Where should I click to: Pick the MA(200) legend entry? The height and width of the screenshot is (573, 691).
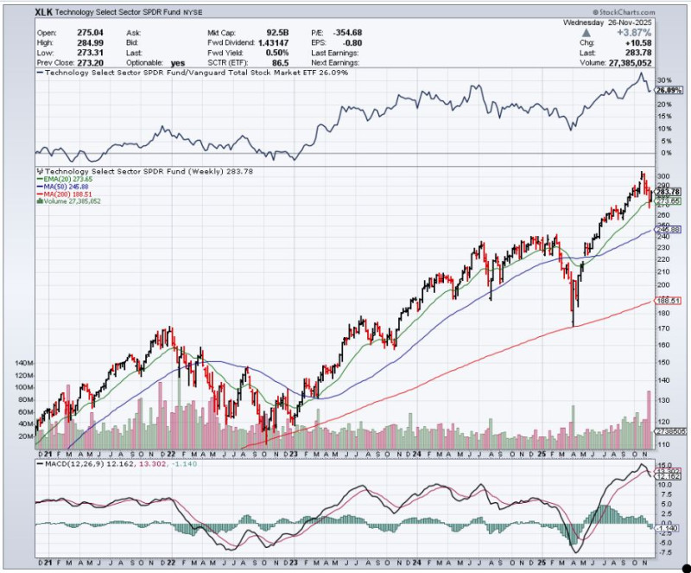pyautogui.click(x=68, y=194)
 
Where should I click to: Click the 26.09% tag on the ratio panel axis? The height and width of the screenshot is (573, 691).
pyautogui.click(x=669, y=91)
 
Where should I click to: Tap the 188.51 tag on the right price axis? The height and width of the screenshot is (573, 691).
pyautogui.click(x=670, y=302)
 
